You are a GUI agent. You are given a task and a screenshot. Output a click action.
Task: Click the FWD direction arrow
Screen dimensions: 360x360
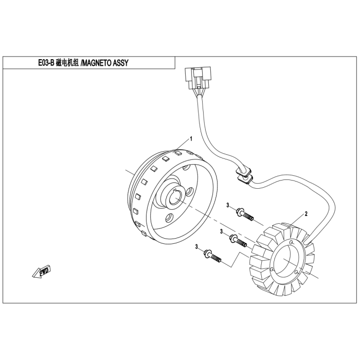41,272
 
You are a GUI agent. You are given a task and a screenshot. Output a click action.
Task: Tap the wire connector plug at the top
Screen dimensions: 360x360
197,78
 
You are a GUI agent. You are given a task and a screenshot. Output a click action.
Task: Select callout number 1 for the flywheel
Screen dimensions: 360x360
191,139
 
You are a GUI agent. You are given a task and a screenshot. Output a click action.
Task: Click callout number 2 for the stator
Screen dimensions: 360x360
306,214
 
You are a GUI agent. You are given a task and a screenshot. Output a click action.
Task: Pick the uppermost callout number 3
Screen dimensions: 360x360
228,205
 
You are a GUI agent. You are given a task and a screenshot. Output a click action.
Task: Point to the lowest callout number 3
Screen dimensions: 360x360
196,246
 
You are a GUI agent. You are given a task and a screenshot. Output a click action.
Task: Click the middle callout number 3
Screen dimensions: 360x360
222,231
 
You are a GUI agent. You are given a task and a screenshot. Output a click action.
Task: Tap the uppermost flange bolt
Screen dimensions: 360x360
244,214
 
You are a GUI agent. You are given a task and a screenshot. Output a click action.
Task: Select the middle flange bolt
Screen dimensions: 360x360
238,241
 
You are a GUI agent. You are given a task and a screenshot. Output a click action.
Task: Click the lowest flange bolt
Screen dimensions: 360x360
212,256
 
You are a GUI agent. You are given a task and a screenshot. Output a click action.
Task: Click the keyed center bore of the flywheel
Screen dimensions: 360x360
175,196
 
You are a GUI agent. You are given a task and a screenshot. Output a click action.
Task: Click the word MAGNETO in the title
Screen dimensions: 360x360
97,63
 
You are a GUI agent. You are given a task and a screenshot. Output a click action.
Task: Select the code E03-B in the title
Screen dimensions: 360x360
46,63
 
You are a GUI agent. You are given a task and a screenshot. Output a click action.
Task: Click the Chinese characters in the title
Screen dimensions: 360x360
67,63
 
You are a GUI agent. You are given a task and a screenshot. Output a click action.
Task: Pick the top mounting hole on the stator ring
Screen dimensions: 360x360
292,242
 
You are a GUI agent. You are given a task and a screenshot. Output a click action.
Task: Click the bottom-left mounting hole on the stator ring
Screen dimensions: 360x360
272,269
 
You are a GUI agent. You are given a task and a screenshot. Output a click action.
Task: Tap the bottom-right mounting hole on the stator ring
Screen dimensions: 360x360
296,272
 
